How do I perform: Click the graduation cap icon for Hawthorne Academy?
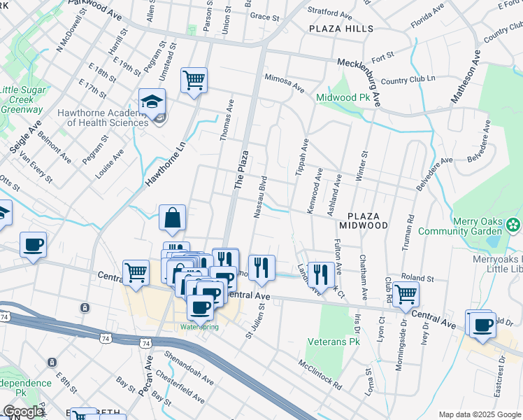point(152,101)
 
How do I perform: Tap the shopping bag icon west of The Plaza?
point(172,218)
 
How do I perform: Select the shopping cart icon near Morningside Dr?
point(406,294)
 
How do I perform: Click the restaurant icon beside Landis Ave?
point(320,273)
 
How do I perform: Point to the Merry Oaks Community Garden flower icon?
point(514,225)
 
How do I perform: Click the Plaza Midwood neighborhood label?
point(363,220)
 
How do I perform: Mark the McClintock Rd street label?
point(319,375)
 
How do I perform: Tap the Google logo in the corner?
point(23,412)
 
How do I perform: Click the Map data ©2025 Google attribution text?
point(479,414)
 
